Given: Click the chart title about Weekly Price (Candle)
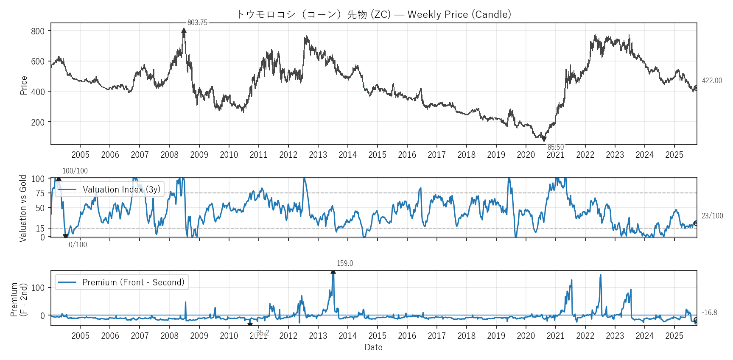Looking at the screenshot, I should point(374,14).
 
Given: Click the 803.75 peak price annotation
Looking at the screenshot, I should point(197,22).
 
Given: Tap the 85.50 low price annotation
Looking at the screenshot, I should point(555,147).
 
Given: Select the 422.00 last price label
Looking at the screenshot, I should point(711,81).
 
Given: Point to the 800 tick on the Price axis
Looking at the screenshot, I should point(38,31).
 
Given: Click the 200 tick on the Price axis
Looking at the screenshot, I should point(38,122).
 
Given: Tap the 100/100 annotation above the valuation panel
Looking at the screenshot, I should point(75,171).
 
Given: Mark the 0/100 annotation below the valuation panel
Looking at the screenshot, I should point(78,245).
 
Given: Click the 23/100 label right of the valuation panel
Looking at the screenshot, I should point(712,216).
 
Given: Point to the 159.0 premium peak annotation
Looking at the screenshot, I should point(344,263).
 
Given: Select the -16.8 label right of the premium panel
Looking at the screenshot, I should point(709,313).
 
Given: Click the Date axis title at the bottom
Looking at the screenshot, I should point(373,347).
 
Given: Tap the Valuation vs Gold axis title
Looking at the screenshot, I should point(23,208).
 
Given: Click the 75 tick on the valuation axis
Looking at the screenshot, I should point(40,193).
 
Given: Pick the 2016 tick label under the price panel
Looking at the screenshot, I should point(407,155).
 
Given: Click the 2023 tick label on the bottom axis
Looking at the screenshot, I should point(615,336).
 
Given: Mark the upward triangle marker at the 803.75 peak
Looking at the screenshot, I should point(184,31).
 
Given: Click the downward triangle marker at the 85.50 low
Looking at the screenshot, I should point(544,139).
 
